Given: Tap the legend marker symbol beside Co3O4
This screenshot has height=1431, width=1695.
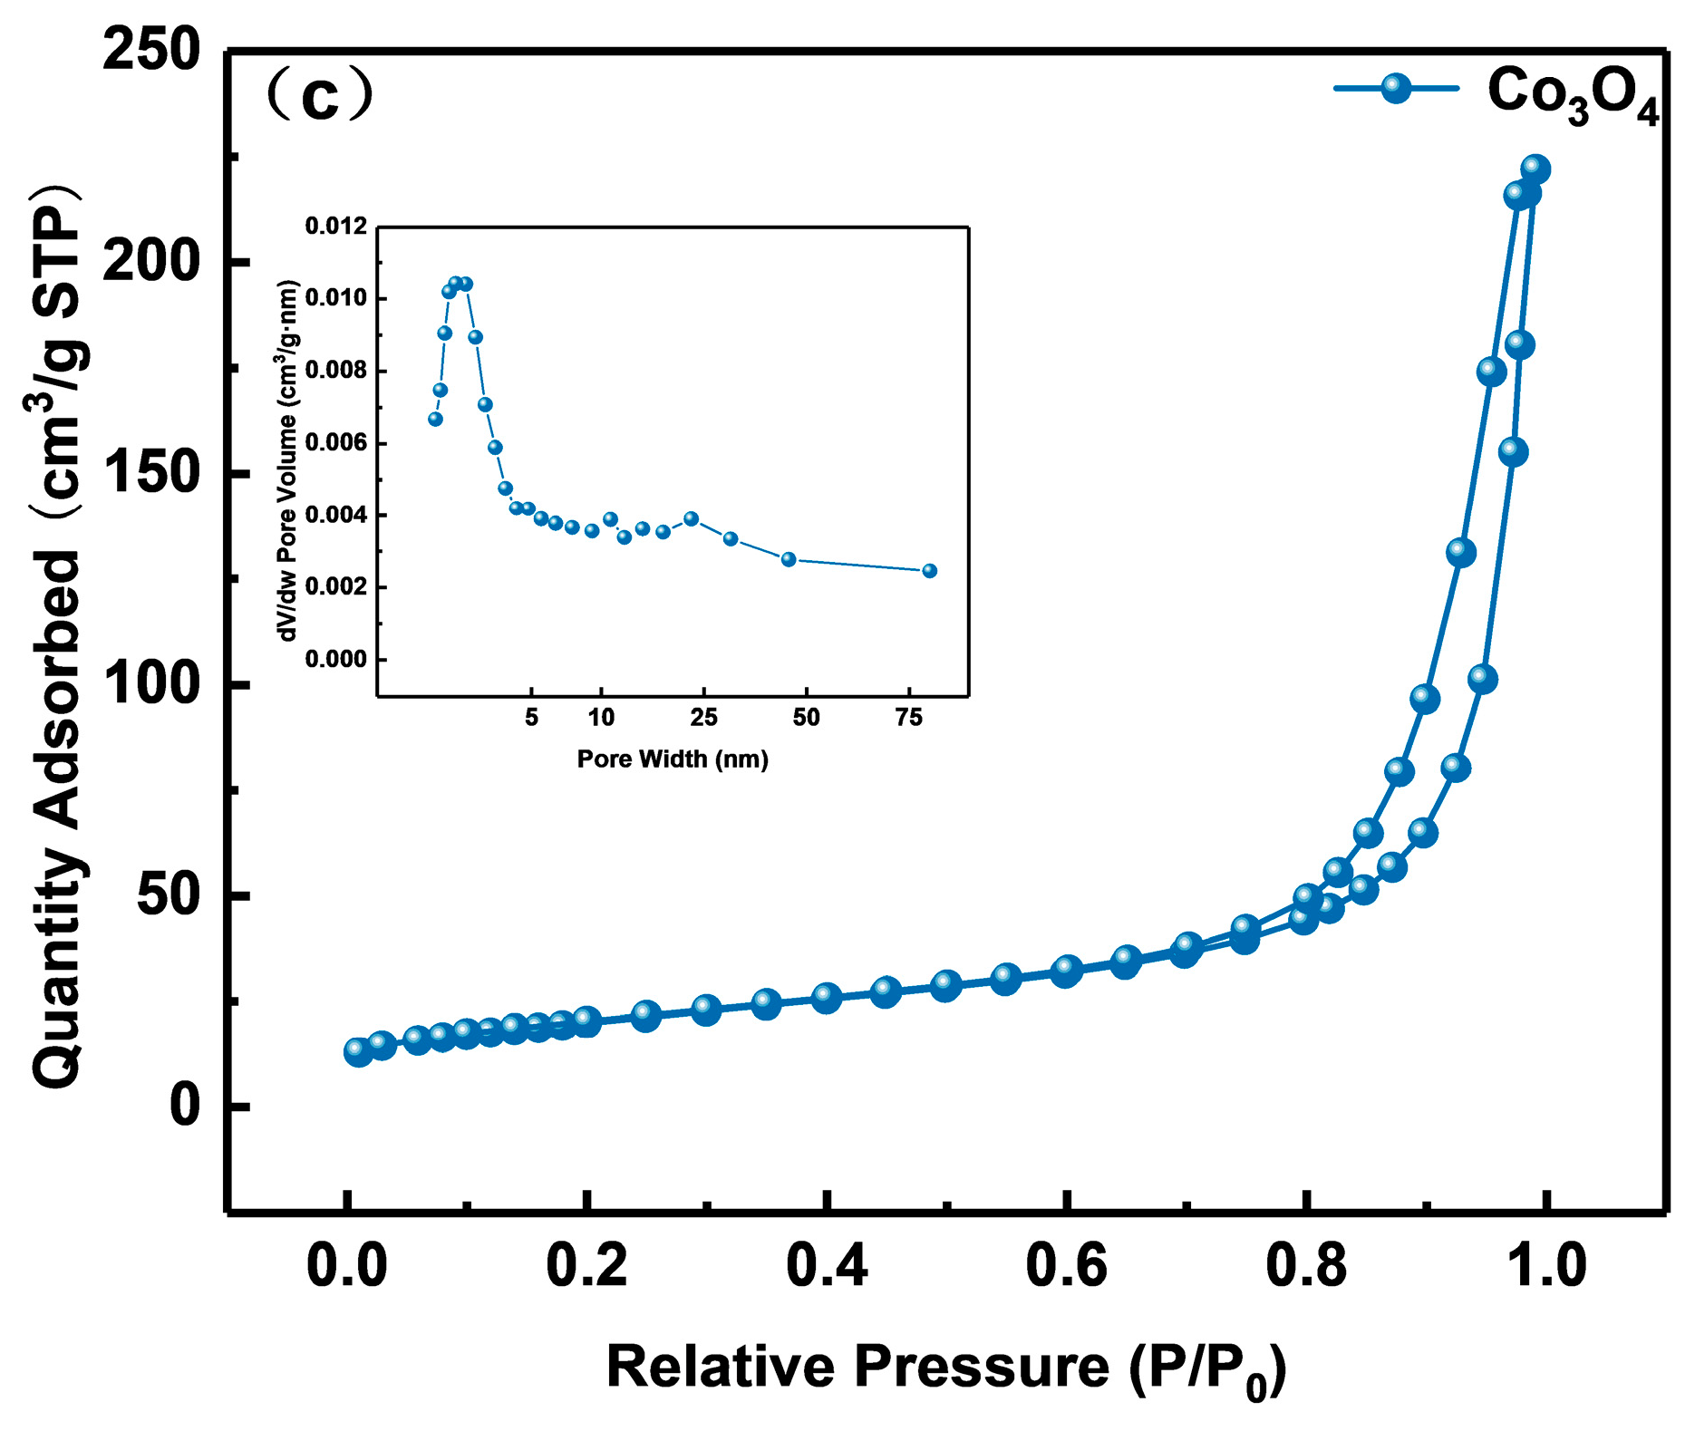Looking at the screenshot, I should coord(1396,88).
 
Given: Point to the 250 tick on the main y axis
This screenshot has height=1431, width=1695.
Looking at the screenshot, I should coord(150,50).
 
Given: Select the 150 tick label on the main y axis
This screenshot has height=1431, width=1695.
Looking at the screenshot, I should coord(150,473).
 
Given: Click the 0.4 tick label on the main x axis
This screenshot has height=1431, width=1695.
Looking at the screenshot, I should coord(826,1266).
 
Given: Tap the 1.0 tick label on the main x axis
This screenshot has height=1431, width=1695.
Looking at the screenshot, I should coord(1545,1266).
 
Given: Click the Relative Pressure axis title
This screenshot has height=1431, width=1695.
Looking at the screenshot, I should coord(945,1368).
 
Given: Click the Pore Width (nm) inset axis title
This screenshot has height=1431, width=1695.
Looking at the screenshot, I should coord(673,759).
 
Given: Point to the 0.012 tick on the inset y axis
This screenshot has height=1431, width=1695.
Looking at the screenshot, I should coord(336,227).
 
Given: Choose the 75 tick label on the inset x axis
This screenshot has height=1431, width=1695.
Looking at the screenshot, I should coord(908,719).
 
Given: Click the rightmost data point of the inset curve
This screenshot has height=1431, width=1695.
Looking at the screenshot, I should coord(929,571).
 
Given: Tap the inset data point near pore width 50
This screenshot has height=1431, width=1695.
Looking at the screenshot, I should coord(789,559).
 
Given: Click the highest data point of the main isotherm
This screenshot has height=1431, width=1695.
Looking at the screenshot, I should coord(1535,169).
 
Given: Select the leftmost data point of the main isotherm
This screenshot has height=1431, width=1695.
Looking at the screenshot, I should coord(358,1052).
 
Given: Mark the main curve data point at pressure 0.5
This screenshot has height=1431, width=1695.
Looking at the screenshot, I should coord(945,985).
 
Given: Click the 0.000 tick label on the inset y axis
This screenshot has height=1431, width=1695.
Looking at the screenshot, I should coord(336,660).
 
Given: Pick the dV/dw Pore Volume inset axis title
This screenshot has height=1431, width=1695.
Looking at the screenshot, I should coord(288,460).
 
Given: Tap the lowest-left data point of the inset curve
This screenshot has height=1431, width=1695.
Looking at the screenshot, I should coord(435,419).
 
